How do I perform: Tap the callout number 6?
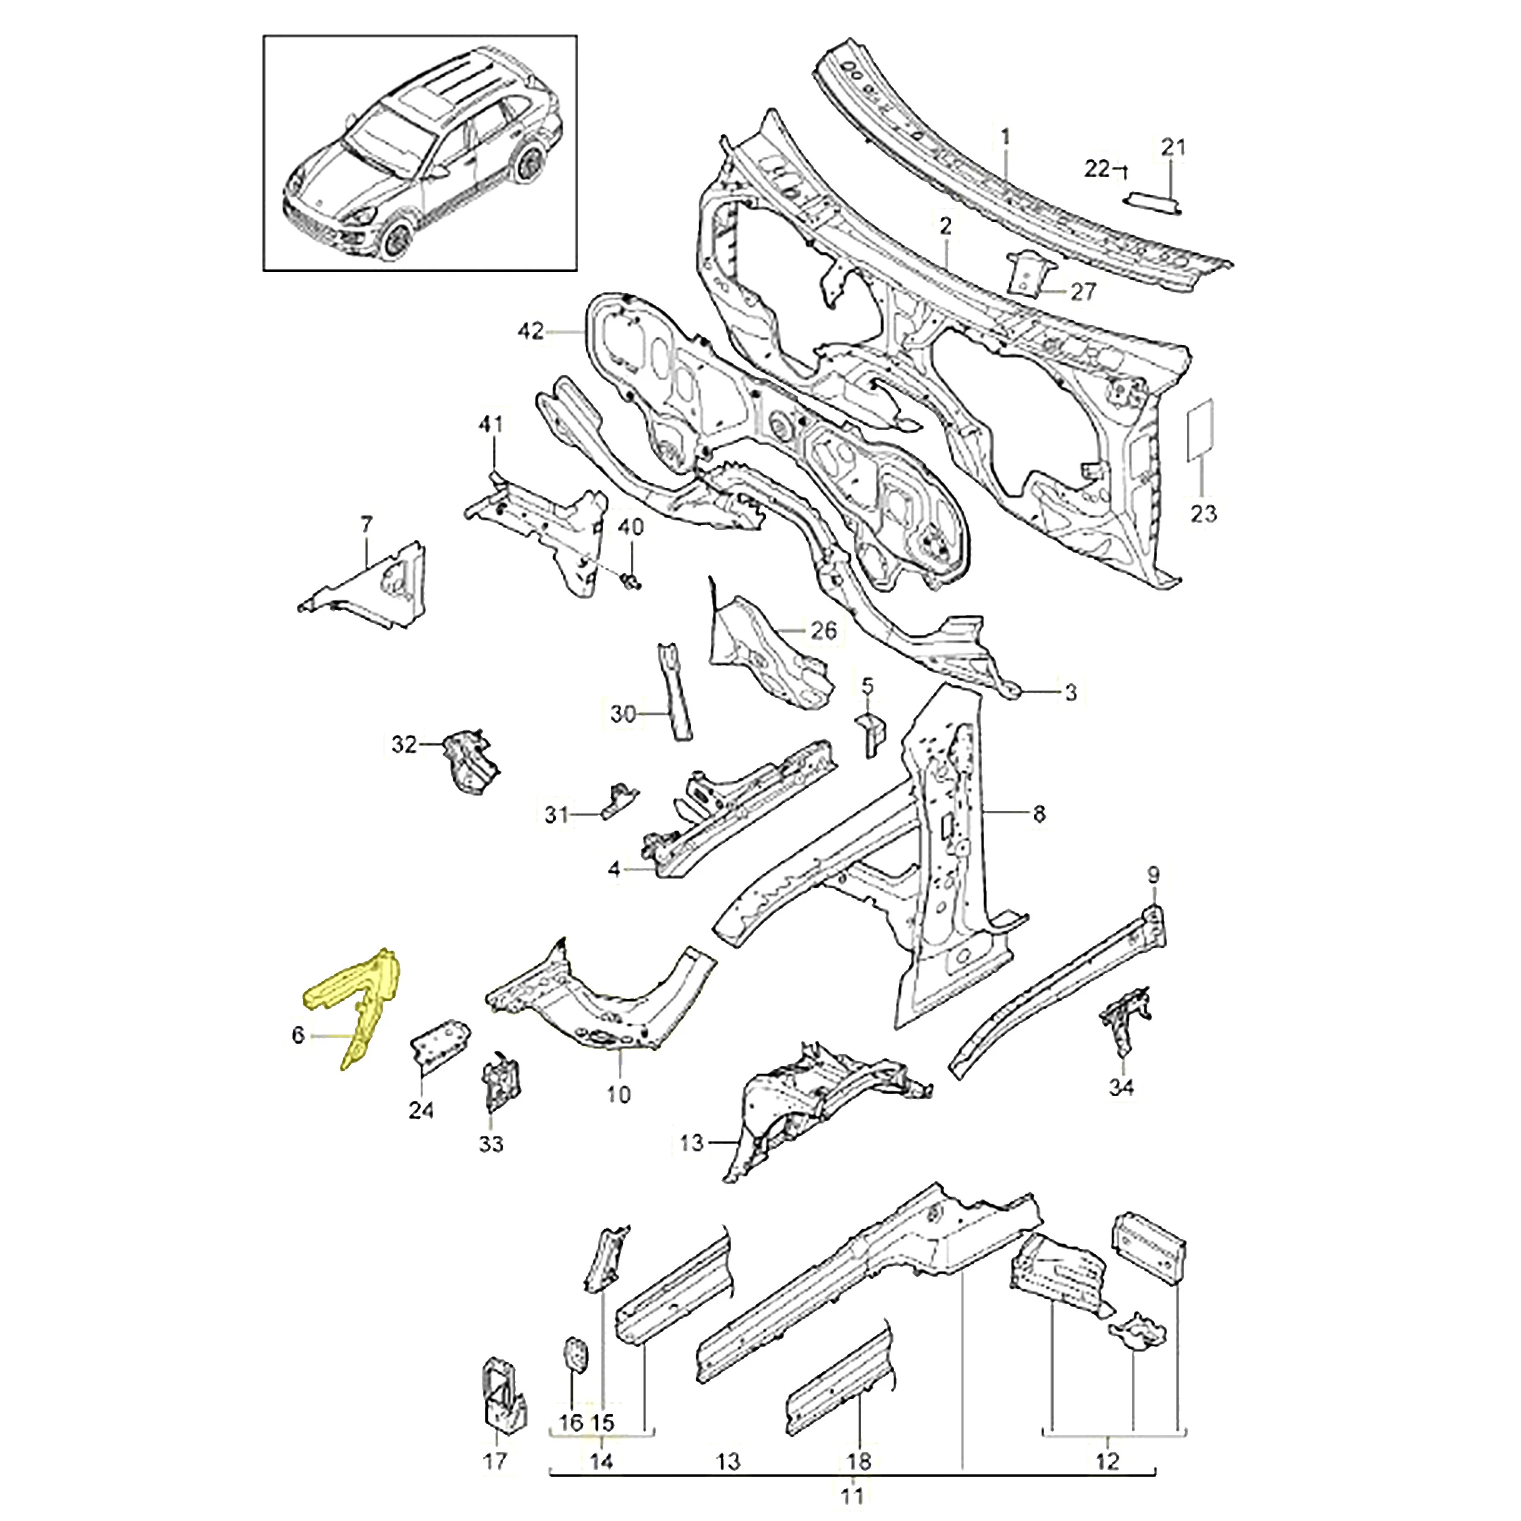[298, 1034]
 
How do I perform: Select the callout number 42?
[531, 332]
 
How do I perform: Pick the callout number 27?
[1083, 291]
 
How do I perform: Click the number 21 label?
[1173, 146]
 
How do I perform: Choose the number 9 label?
[1153, 874]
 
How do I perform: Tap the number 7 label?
[366, 524]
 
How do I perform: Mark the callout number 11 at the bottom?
[852, 1494]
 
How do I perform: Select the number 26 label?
[823, 630]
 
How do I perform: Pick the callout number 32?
[404, 743]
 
